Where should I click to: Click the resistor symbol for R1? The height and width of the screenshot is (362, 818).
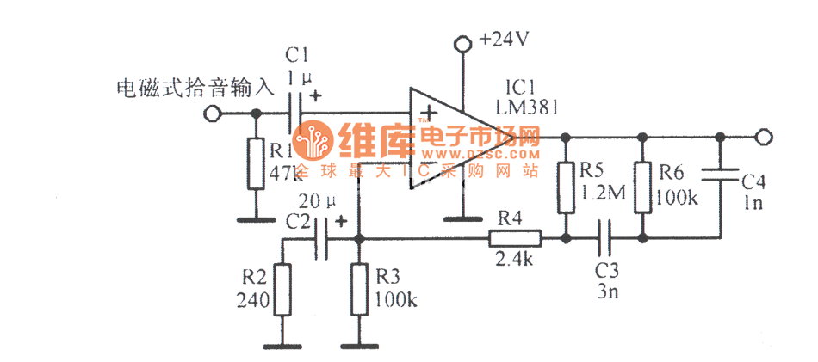pos(255,163)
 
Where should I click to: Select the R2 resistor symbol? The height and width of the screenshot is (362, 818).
pos(281,290)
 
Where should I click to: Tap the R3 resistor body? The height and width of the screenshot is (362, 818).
pos(359,290)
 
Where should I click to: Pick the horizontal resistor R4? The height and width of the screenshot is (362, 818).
pos(514,237)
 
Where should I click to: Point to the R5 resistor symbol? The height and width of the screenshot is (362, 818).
pos(565,187)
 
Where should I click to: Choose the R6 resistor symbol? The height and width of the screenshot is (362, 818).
pos(642,187)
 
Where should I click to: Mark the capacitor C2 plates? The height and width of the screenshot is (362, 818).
pos(324,237)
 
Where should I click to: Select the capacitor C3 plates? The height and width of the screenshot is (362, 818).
pos(604,237)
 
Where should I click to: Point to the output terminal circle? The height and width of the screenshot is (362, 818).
pos(762,138)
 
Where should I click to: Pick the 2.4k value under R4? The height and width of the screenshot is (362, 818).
pos(514,257)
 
